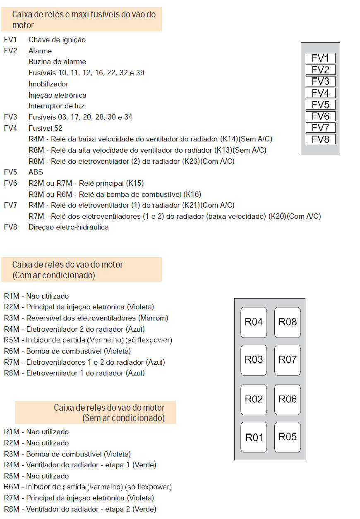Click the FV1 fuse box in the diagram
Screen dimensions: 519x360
pyautogui.click(x=320, y=58)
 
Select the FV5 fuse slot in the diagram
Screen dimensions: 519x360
pyautogui.click(x=320, y=105)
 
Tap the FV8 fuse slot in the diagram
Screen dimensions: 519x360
pyautogui.click(x=320, y=139)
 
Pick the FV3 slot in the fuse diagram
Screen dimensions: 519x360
pyautogui.click(x=320, y=81)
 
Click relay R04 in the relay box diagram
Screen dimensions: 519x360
pyautogui.click(x=254, y=322)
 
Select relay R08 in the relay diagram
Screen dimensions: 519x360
pyautogui.click(x=288, y=322)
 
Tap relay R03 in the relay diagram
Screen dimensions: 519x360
pyautogui.click(x=254, y=360)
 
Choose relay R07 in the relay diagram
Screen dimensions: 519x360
pyautogui.click(x=288, y=360)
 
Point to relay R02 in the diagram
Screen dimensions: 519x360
pyautogui.click(x=254, y=399)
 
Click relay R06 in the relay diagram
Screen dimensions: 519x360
pyautogui.click(x=288, y=399)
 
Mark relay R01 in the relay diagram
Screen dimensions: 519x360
pyautogui.click(x=254, y=437)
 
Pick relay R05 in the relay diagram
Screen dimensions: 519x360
pyautogui.click(x=288, y=437)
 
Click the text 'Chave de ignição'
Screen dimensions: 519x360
pyautogui.click(x=57, y=40)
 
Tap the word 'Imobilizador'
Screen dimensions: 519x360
pyautogui.click(x=48, y=84)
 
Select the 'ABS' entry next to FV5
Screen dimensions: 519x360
pyautogui.click(x=36, y=172)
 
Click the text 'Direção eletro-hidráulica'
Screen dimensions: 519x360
pyautogui.click(x=68, y=227)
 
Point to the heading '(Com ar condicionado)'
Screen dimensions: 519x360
pyautogui.click(x=54, y=275)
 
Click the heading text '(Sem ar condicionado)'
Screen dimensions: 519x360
pyautogui.click(x=123, y=418)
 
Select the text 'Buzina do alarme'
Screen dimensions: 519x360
pyautogui.click(x=57, y=62)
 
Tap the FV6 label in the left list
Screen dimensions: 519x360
pyautogui.click(x=10, y=183)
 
